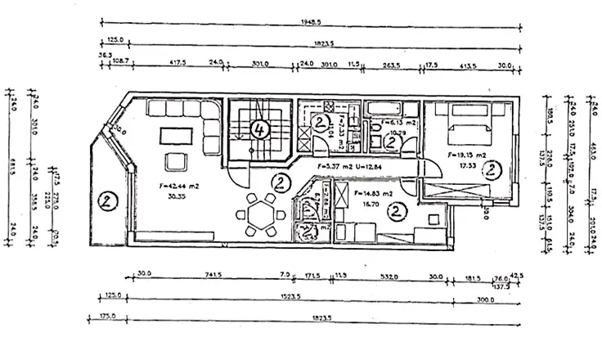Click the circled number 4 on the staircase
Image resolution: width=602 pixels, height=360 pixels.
pyautogui.click(x=259, y=128)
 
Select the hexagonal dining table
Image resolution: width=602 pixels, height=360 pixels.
pyautogui.click(x=263, y=215)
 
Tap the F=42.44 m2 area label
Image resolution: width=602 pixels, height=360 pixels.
pyautogui.click(x=173, y=185)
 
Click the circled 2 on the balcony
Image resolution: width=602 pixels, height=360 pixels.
pyautogui.click(x=106, y=200)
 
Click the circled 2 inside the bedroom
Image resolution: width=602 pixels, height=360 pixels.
pyautogui.click(x=491, y=170)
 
